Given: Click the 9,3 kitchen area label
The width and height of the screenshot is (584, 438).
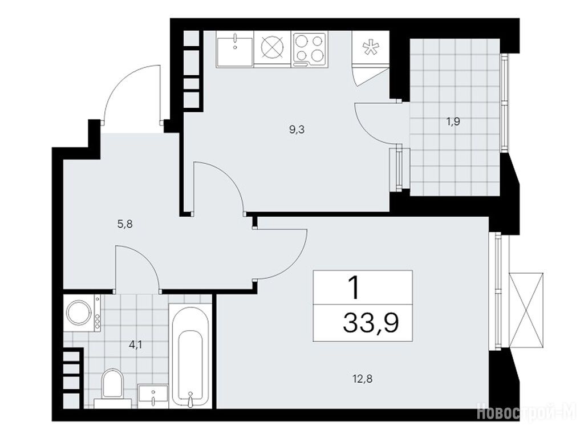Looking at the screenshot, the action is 297,130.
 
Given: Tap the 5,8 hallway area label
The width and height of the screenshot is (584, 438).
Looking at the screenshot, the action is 125,224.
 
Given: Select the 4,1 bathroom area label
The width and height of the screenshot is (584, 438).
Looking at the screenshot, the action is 135,345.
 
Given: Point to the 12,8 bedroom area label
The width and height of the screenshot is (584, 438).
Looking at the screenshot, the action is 362,379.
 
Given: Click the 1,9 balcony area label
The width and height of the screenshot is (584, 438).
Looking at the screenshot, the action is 453,122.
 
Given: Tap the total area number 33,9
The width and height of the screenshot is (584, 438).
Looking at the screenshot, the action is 371,323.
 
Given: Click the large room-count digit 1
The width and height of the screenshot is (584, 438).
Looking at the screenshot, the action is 354,288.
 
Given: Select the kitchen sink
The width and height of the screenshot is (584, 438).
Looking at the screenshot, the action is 234,49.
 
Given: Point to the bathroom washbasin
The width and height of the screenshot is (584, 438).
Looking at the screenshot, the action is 153,397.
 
